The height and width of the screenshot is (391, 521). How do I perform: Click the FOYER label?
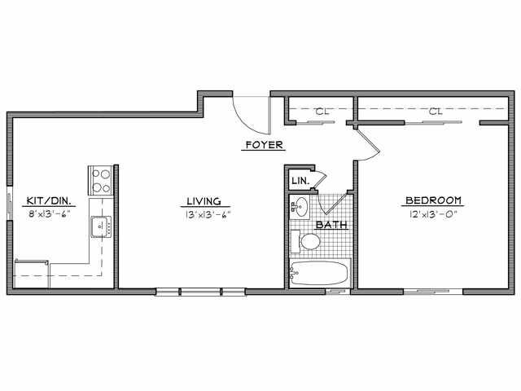pos(264,146)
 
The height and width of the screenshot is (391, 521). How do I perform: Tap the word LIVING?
pos(204,201)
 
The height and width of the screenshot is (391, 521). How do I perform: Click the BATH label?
pos(330,224)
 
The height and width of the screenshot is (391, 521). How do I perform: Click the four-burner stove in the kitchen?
pos(100,179)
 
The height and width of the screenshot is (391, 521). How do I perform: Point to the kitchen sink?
pos(101,226)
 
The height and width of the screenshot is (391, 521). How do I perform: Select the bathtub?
pos(320,272)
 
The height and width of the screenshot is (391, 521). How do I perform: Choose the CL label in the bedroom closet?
pos(435,111)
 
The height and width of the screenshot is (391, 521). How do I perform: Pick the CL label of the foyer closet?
pos(321,111)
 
